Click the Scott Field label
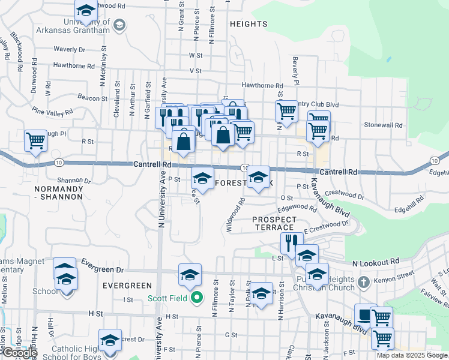click(168, 298)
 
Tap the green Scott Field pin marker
click(196, 298)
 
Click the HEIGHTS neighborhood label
click(247, 24)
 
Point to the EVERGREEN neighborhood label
click(127, 286)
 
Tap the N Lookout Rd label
click(376, 263)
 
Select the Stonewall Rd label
click(383, 125)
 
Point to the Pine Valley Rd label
click(53, 112)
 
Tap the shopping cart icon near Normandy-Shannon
click(35, 142)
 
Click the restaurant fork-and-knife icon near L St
click(291, 243)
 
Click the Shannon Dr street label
click(74, 180)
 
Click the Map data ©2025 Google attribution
click(411, 355)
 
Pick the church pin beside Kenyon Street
click(363, 281)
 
